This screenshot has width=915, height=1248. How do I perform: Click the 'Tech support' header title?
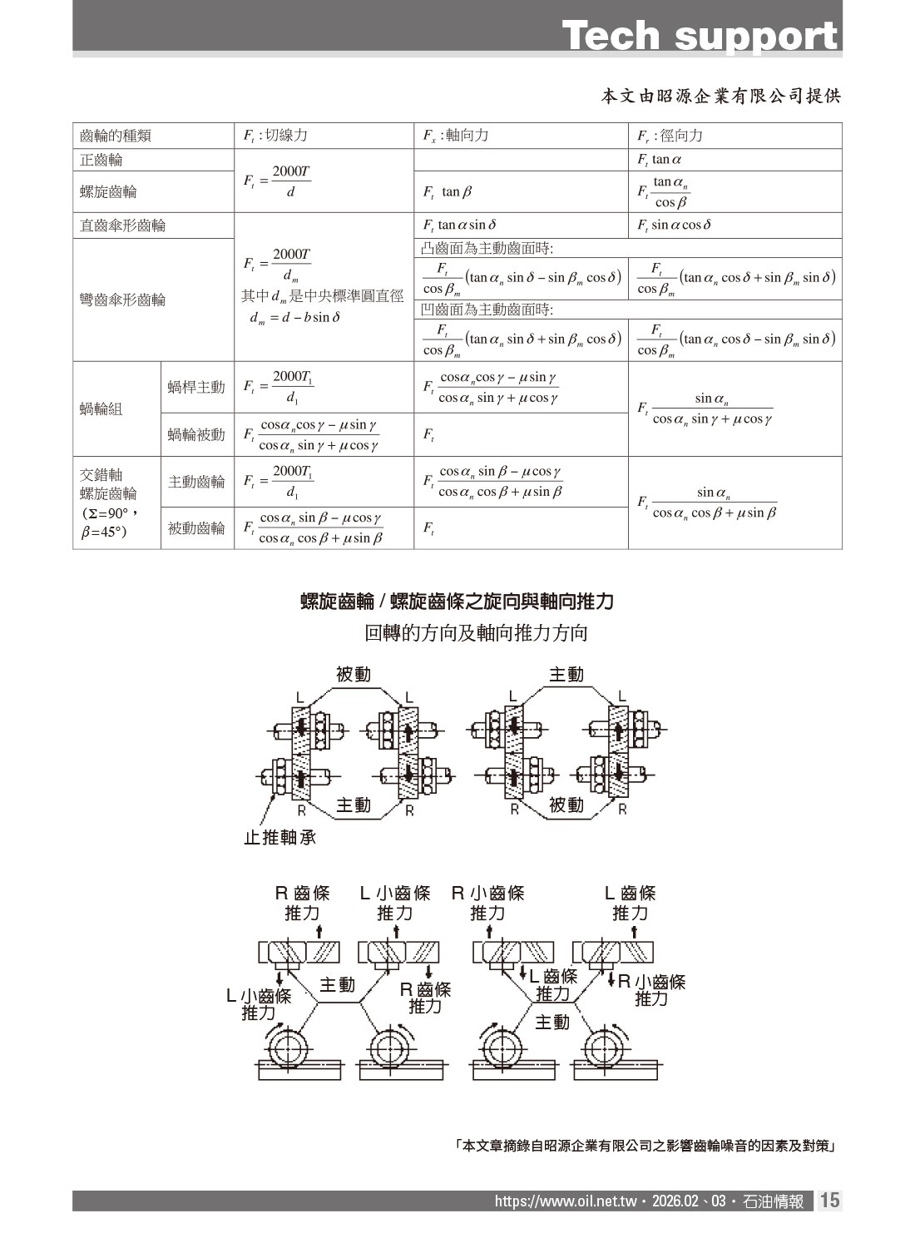700,36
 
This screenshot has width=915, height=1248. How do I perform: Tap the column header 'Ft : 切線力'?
274,136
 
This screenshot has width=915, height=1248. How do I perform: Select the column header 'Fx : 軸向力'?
455,136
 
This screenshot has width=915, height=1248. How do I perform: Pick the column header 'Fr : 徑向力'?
670,136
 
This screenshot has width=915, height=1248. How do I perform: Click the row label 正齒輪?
101,160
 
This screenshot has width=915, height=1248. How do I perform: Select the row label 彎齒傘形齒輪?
123,300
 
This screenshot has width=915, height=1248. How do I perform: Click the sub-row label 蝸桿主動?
196,387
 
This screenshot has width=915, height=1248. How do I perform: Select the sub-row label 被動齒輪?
196,528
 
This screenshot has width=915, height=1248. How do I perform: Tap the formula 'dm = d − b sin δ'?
295,317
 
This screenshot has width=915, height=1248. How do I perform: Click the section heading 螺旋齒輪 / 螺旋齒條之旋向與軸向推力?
457,601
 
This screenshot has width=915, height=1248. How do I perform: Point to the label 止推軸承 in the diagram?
279,838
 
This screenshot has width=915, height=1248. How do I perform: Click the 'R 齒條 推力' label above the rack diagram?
303,903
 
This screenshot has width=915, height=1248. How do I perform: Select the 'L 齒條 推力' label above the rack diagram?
630,903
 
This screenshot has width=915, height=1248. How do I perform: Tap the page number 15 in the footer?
830,1201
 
